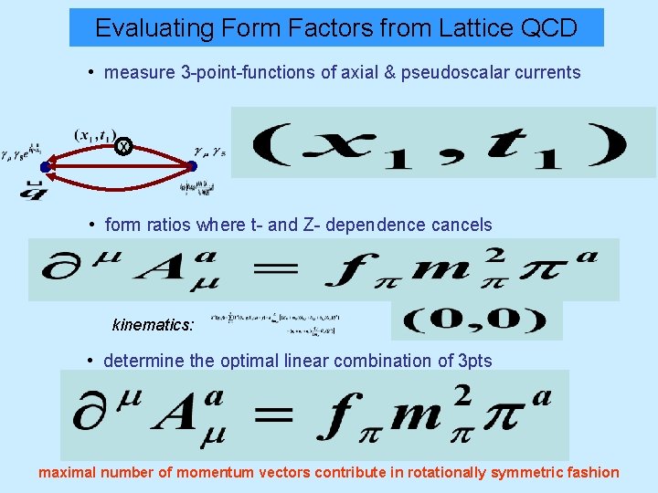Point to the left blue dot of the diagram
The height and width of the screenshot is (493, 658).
(x=46, y=167)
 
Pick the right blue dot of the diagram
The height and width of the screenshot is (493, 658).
(x=192, y=166)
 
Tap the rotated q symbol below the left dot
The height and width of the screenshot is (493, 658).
(x=36, y=189)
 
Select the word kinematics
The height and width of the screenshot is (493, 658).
(x=153, y=324)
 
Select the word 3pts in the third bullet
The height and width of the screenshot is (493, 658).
(x=472, y=361)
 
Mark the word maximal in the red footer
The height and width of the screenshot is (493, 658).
(x=67, y=472)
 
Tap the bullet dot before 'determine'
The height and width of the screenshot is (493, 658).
(x=91, y=361)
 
